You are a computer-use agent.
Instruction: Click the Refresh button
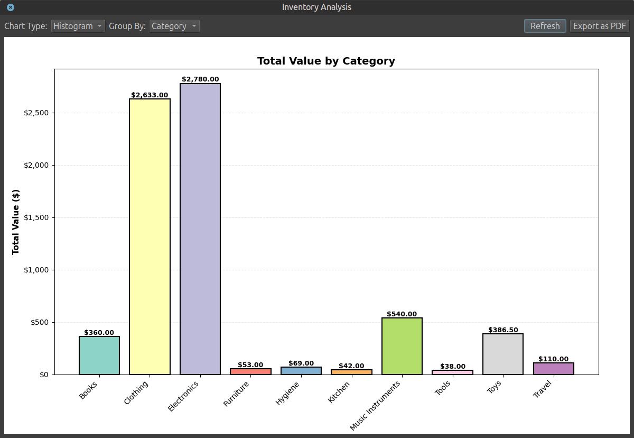(545, 26)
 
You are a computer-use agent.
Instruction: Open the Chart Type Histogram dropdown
(78, 26)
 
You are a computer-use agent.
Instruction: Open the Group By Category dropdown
(174, 26)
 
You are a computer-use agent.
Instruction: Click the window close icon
(11, 7)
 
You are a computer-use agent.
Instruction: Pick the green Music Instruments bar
(402, 346)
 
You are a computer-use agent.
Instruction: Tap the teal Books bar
(99, 355)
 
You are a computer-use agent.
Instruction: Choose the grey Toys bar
(502, 354)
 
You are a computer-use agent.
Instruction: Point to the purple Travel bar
(553, 368)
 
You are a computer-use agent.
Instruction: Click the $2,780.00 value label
(200, 79)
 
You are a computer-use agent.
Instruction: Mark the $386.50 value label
(503, 330)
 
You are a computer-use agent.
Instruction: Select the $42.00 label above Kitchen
(351, 366)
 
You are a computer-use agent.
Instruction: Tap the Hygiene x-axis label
(287, 393)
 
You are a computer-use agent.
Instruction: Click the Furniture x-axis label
(236, 394)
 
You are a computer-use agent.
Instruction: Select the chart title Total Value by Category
(326, 61)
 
